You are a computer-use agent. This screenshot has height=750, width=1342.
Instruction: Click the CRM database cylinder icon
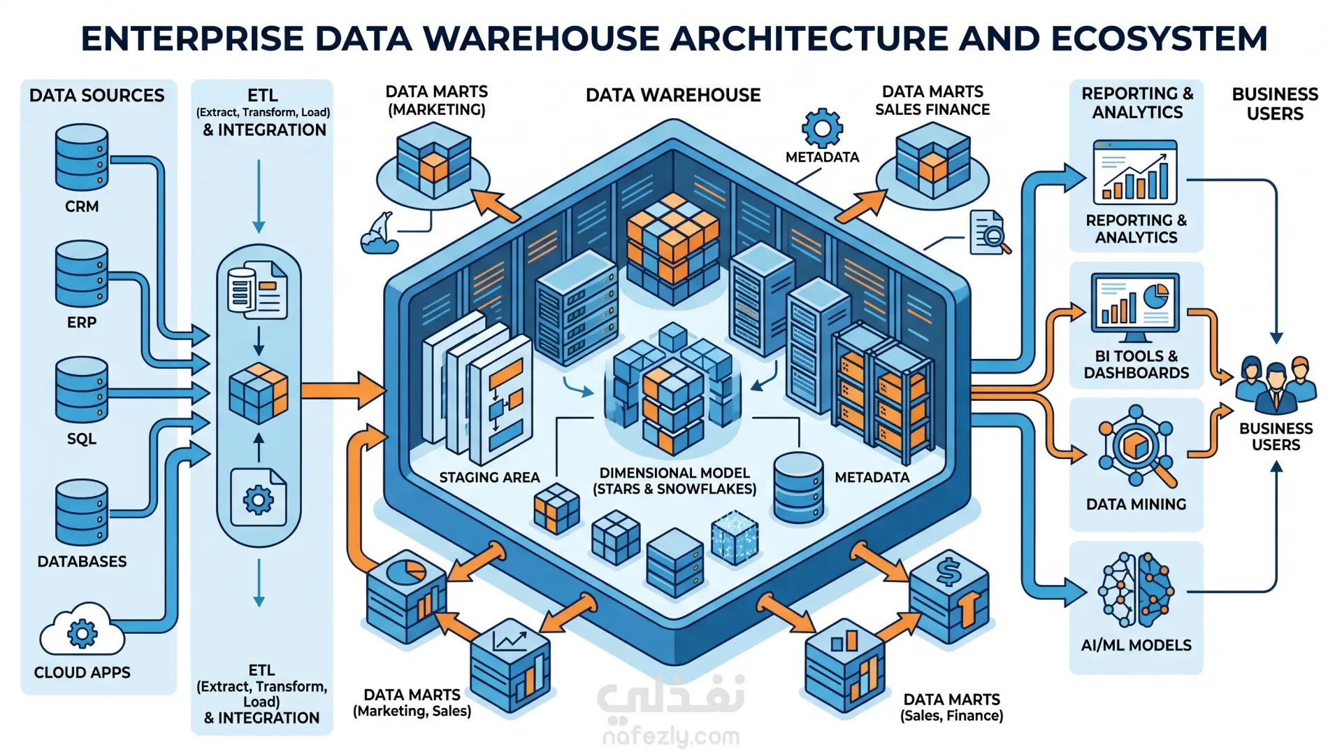tap(82, 157)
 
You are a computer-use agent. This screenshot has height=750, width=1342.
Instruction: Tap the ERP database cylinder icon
tap(82, 274)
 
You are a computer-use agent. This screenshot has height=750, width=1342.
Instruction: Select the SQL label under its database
tap(82, 439)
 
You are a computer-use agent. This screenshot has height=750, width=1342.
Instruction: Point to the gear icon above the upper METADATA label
tap(822, 128)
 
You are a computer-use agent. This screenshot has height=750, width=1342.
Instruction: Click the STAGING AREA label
tap(489, 477)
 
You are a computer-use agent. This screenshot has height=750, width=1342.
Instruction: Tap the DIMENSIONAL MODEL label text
tap(674, 473)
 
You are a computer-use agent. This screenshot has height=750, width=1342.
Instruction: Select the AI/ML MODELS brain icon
tap(1136, 590)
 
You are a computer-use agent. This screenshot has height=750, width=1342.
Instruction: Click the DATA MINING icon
tap(1137, 446)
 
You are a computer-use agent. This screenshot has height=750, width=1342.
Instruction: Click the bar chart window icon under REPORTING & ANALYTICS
tap(1135, 172)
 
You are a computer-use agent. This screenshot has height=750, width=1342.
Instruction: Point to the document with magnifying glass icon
tap(990, 233)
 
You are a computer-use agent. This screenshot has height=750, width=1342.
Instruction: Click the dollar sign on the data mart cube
tap(948, 572)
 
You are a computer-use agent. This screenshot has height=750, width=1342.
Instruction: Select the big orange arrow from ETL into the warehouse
tap(343, 390)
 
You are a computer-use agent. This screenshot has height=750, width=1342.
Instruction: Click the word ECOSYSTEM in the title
tap(1159, 38)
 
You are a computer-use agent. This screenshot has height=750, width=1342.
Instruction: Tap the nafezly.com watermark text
tap(671, 736)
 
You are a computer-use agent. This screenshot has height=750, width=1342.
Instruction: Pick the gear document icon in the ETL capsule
tap(258, 497)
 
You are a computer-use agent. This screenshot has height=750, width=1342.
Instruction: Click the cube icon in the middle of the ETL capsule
tap(259, 392)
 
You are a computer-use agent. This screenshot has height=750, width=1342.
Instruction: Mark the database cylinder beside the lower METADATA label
tap(798, 488)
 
